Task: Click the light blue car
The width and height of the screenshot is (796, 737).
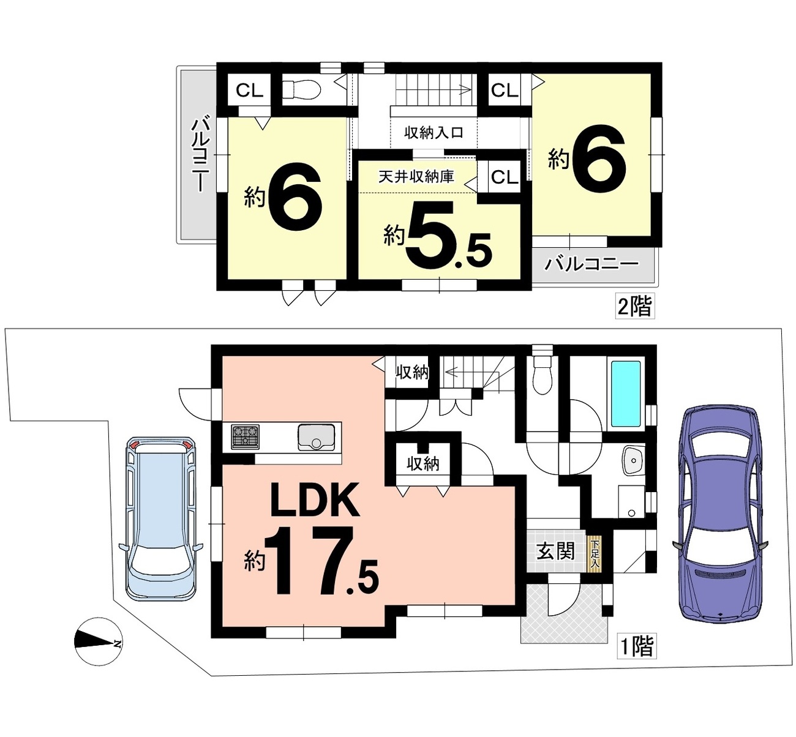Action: click(x=161, y=518)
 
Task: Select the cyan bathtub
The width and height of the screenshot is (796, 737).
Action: click(x=625, y=394)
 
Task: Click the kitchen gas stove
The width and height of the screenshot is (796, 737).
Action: click(x=244, y=436)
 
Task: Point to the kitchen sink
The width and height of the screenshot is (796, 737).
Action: click(x=316, y=437)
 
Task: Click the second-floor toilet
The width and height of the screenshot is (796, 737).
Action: click(x=301, y=90)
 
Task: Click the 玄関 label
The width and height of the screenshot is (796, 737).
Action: click(x=555, y=552)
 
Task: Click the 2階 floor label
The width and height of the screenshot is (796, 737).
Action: click(x=635, y=306)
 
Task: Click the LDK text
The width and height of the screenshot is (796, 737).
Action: click(x=315, y=501)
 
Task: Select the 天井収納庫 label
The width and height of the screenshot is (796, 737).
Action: click(x=416, y=177)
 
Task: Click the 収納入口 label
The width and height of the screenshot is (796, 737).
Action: click(x=434, y=132)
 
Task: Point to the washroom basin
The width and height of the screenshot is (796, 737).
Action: click(x=633, y=460)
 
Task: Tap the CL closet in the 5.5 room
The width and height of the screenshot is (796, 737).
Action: click(x=505, y=177)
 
